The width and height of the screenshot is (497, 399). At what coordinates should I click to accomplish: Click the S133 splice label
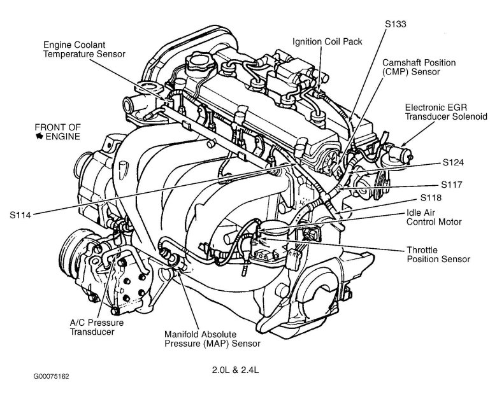coord(396,24)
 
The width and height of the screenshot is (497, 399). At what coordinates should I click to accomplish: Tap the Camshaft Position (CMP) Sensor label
coord(419,68)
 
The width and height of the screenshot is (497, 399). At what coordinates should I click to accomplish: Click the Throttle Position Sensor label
coord(438,255)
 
